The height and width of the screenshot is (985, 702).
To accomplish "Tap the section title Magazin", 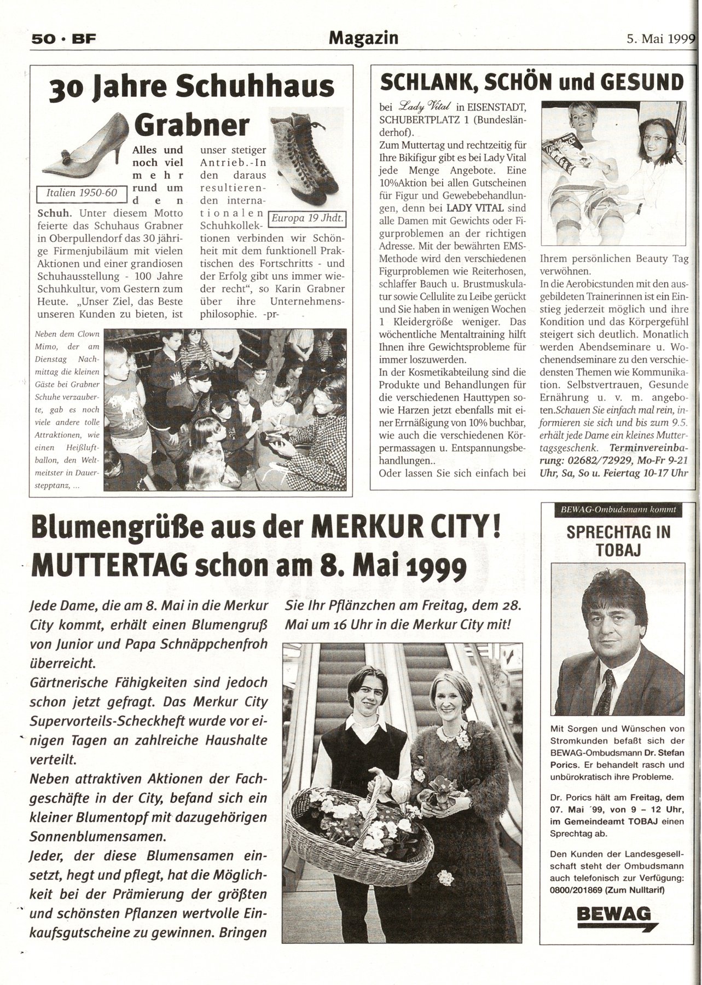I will [x=363, y=37].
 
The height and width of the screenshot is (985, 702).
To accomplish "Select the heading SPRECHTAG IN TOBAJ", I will [x=618, y=541].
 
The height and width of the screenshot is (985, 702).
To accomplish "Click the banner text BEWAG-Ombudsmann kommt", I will [x=618, y=509].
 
